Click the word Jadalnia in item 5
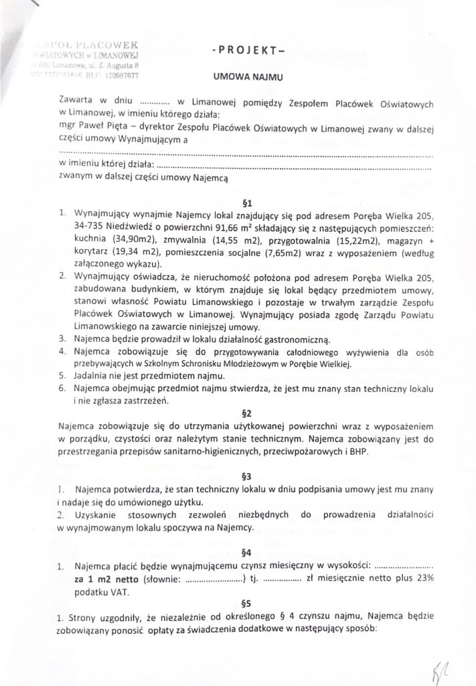pos(95,377)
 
